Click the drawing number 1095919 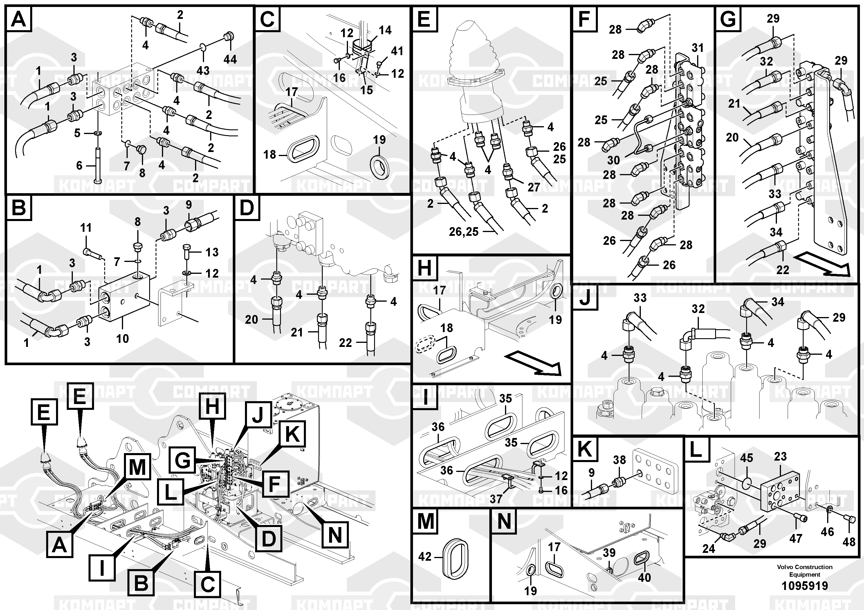(x=805, y=586)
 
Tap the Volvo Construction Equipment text (x=805, y=571)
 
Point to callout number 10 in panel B (x=122, y=339)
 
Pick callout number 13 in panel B (x=212, y=252)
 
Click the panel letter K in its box (x=585, y=449)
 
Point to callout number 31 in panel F (x=697, y=48)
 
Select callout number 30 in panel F (x=613, y=160)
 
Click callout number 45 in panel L (x=746, y=458)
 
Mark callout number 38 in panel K (x=619, y=459)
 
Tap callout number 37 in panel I (x=496, y=499)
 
